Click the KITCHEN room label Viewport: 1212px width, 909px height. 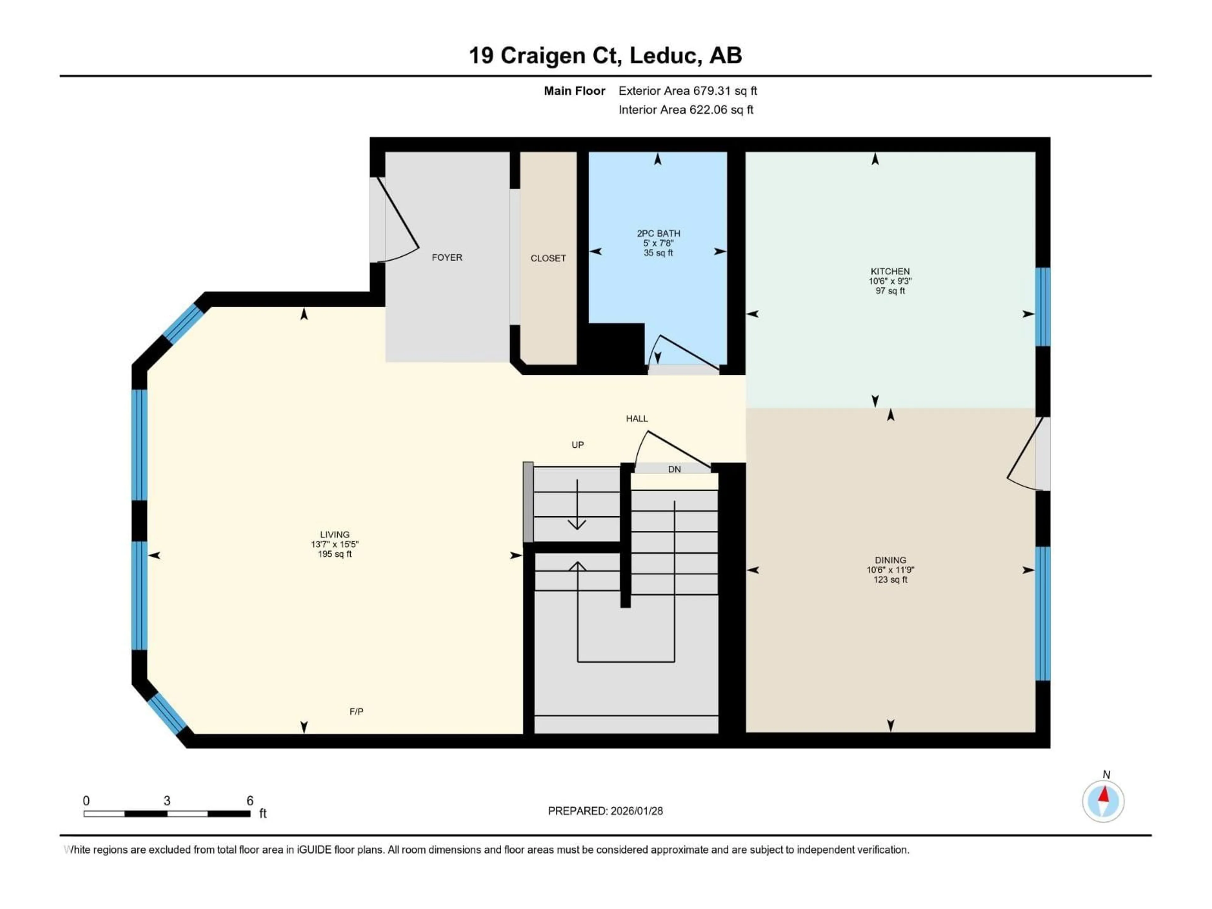[890, 271]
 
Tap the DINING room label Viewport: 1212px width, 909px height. [890, 560]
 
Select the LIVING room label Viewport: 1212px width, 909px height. [334, 534]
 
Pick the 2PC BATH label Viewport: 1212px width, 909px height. [658, 234]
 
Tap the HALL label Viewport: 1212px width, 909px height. [637, 419]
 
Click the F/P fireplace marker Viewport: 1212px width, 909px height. [356, 711]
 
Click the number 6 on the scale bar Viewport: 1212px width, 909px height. [250, 800]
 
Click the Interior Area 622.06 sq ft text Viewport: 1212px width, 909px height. [686, 110]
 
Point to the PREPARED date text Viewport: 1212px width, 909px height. [605, 811]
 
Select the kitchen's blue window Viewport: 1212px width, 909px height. [1042, 307]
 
